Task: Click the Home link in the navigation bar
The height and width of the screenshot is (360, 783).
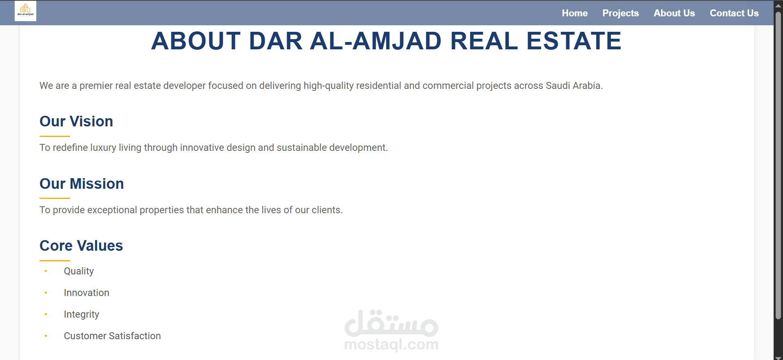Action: pyautogui.click(x=575, y=13)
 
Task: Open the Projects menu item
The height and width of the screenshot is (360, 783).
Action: pyautogui.click(x=621, y=13)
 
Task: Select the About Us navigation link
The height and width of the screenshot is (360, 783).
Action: pyautogui.click(x=674, y=13)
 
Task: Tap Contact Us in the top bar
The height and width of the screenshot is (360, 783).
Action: pyautogui.click(x=734, y=13)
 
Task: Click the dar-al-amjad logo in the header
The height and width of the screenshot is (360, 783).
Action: pyautogui.click(x=25, y=11)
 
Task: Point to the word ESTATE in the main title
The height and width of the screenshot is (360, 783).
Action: pyautogui.click(x=574, y=41)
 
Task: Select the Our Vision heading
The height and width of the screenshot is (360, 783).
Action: pyautogui.click(x=76, y=121)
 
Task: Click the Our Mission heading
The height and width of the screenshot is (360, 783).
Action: pyautogui.click(x=82, y=184)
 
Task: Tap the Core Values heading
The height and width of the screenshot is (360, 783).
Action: pyautogui.click(x=81, y=246)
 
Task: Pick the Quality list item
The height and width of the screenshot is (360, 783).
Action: pyautogui.click(x=79, y=272)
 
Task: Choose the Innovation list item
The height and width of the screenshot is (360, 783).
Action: pyautogui.click(x=86, y=293)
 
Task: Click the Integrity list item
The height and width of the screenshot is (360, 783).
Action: pyautogui.click(x=82, y=315)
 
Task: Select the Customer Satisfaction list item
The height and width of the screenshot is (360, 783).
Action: pyautogui.click(x=112, y=336)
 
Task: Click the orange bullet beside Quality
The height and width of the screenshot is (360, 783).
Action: pyautogui.click(x=46, y=271)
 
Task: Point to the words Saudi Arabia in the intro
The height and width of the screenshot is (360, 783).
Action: pyautogui.click(x=574, y=86)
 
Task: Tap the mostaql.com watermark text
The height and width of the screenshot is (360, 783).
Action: pyautogui.click(x=391, y=345)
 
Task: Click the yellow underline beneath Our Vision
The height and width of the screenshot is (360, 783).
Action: pyautogui.click(x=55, y=136)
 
